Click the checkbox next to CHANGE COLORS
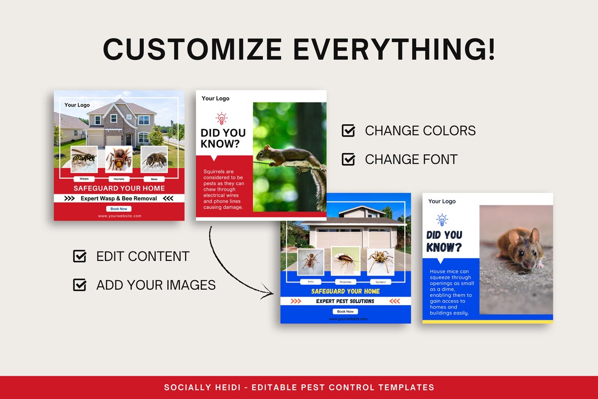[348, 131]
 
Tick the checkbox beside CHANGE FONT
[348, 159]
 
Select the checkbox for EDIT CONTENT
[80, 256]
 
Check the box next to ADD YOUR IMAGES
[80, 285]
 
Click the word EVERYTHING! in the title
[394, 49]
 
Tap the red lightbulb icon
[221, 118]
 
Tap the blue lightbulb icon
[442, 220]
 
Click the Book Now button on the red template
[119, 208]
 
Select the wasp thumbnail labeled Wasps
[84, 159]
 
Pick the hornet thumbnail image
[119, 159]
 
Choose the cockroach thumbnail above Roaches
[345, 261]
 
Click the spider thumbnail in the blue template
[380, 261]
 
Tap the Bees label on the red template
[154, 179]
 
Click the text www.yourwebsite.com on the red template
[119, 216]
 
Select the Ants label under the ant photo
[311, 282]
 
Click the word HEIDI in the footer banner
[227, 387]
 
